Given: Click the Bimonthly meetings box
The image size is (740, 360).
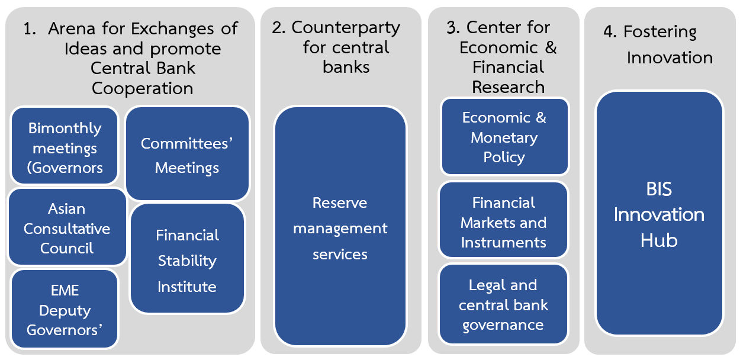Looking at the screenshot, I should point(65,146).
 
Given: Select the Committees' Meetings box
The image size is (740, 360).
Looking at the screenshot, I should point(187,154).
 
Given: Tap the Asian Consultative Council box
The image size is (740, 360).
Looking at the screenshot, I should point(67,228).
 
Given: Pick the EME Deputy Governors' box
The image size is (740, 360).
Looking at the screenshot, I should point(65,309).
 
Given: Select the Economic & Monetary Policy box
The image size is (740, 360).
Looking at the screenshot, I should point(504,137).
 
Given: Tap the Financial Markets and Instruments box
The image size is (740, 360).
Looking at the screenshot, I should point(503,221).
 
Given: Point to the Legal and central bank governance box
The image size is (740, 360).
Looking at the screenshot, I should point(503,304).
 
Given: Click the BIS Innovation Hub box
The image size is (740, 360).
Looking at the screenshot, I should point(659,214).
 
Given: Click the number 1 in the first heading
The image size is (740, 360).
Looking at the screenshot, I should point(28,29).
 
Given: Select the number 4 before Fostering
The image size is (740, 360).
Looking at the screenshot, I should point(610,32).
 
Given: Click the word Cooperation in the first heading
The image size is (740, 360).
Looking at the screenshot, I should point(142,88).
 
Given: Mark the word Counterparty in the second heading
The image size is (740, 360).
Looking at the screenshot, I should point(346,28).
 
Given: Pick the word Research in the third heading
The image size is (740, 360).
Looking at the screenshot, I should point(508,86).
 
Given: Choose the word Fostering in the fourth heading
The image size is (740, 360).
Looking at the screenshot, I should point(660,32).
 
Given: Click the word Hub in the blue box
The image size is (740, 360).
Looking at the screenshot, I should point(659,240).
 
